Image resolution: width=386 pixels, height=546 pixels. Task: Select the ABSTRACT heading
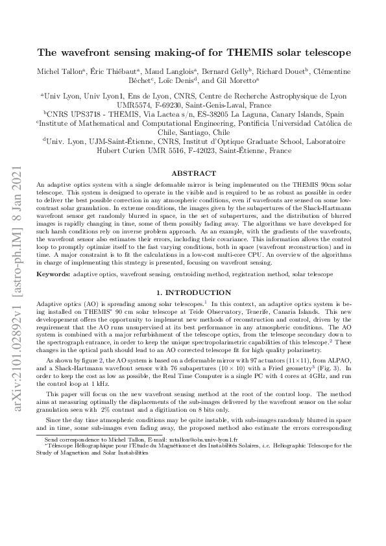[x=193, y=174]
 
